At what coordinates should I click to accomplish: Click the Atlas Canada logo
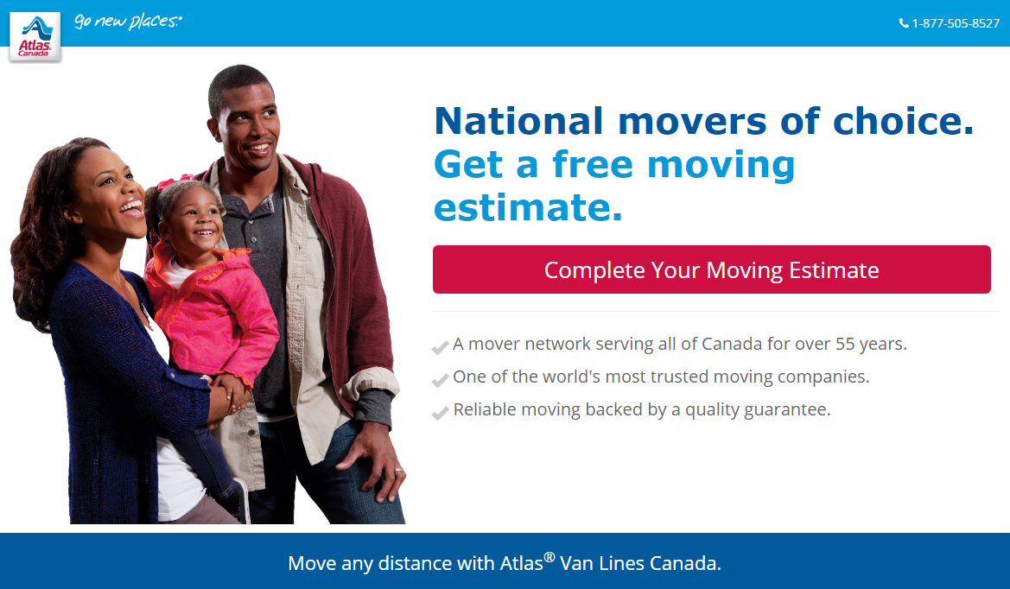click(x=35, y=36)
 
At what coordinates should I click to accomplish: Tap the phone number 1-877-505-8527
click(x=956, y=24)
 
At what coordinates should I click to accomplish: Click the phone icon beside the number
click(x=904, y=24)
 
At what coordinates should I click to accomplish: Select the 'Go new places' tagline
click(x=128, y=22)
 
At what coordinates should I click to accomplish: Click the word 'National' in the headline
click(x=519, y=121)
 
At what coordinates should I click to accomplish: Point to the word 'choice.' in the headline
click(x=903, y=121)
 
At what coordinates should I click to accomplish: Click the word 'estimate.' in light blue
click(x=528, y=207)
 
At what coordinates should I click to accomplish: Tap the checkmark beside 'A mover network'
click(x=440, y=347)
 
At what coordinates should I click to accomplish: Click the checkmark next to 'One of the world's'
click(x=440, y=381)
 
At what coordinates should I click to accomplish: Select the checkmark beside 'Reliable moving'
click(x=440, y=413)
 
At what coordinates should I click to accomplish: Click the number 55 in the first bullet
click(x=844, y=344)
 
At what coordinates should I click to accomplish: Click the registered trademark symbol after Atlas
click(x=549, y=557)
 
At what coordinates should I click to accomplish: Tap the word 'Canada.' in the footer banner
click(x=685, y=563)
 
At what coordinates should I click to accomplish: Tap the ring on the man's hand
click(x=398, y=472)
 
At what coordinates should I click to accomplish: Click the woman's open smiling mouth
click(x=133, y=207)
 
